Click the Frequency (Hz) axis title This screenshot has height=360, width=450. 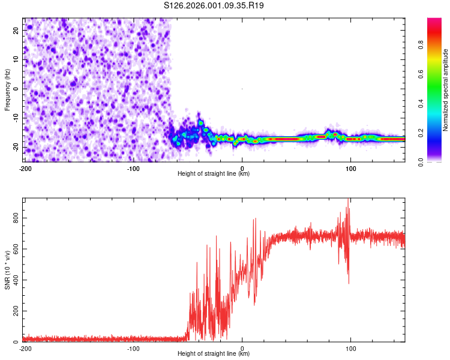pos(7,90)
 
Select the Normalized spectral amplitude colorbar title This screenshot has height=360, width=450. pos(445,90)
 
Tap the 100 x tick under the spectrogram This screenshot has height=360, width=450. pos(350,169)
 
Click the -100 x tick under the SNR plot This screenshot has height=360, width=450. pos(133,349)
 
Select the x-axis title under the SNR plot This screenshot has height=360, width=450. pos(214,354)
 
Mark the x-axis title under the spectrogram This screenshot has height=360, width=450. pos(214,174)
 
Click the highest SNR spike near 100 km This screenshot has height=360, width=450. pos(349,200)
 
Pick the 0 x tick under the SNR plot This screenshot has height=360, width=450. pos(242,349)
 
